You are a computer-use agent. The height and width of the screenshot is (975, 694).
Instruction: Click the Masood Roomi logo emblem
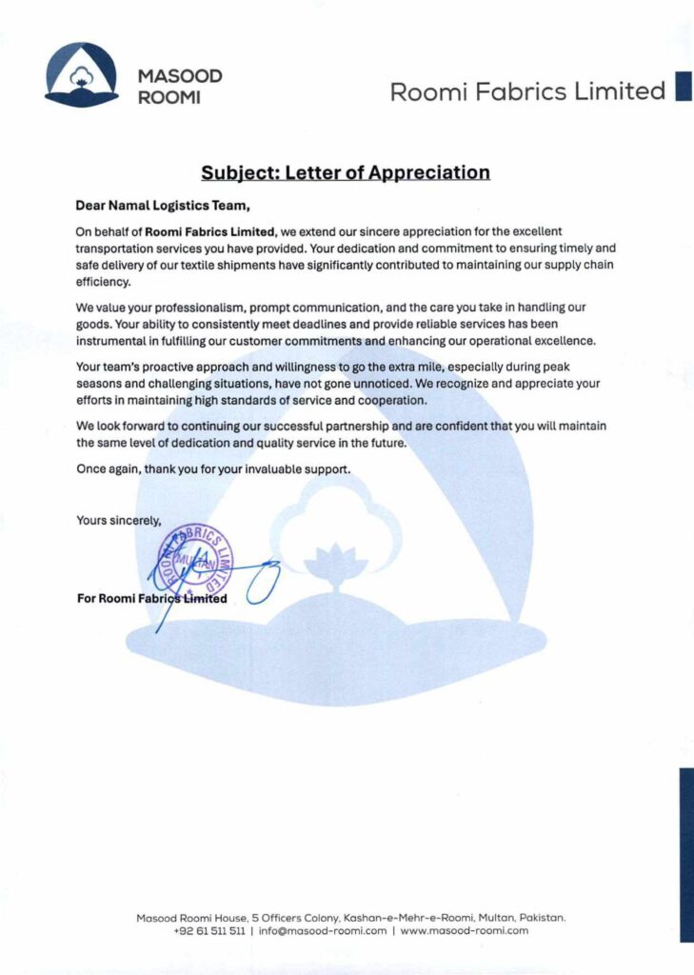pyautogui.click(x=82, y=74)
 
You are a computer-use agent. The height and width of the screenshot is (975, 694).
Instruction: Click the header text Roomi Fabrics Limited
pyautogui.click(x=527, y=91)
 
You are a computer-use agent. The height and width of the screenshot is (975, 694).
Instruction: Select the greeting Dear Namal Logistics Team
pyautogui.click(x=169, y=203)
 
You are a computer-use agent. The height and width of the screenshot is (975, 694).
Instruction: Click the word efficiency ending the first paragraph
pyautogui.click(x=103, y=283)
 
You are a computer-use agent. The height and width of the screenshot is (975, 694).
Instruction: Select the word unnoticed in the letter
pyautogui.click(x=379, y=383)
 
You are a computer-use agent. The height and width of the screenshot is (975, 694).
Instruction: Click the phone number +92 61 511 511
pyautogui.click(x=210, y=930)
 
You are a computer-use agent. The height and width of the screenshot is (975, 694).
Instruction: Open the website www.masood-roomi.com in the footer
pyautogui.click(x=464, y=930)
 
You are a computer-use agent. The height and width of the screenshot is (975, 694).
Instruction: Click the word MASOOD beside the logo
pyautogui.click(x=180, y=75)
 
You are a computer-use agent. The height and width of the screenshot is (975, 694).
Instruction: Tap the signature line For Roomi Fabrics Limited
pyautogui.click(x=151, y=598)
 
